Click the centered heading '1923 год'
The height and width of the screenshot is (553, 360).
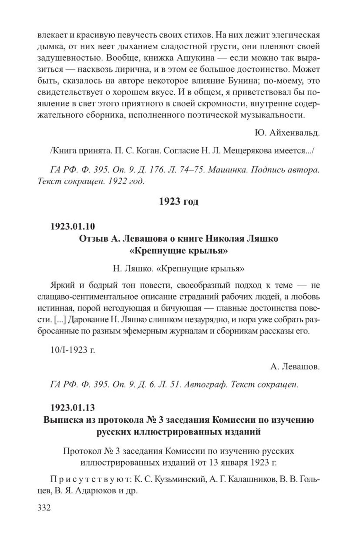(179, 201)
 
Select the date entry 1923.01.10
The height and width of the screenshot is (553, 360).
(73, 226)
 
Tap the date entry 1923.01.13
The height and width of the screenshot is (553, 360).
(73, 407)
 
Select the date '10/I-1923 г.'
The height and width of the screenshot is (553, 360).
(73, 350)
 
